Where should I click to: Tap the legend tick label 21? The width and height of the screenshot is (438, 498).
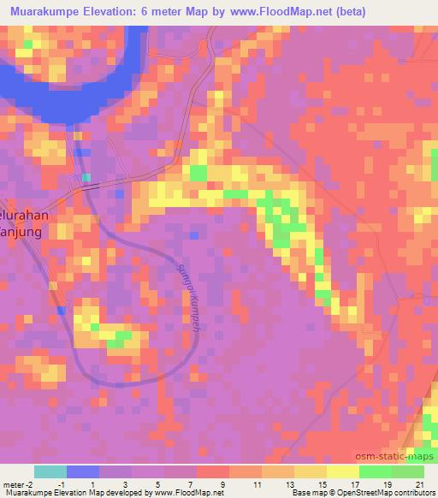pos(418,484)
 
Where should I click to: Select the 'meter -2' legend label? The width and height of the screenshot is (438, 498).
pos(17,484)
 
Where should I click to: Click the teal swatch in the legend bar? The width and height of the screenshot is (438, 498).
pos(50,471)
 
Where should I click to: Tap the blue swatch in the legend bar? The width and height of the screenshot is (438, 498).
pos(83,471)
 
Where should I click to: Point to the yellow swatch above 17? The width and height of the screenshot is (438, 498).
pos(342,471)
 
